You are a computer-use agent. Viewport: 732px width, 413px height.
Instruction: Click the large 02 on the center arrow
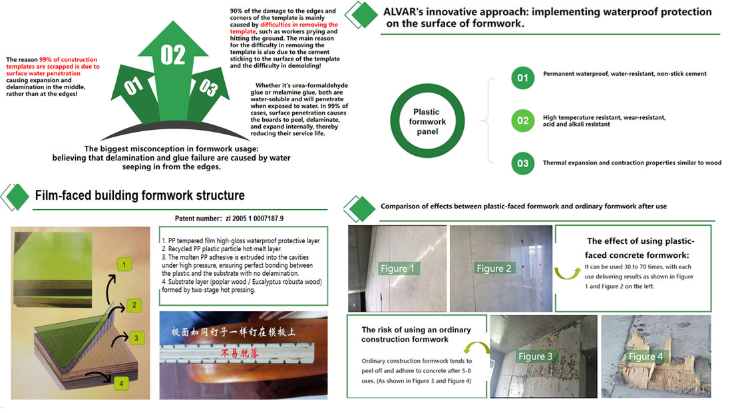click(x=173, y=55)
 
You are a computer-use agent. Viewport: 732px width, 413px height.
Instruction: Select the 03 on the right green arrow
click(x=209, y=87)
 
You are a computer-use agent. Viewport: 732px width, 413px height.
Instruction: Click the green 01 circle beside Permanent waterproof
click(x=522, y=78)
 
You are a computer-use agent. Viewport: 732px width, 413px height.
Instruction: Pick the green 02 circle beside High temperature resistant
click(x=522, y=121)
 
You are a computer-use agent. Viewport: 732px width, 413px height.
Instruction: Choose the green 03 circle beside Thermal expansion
click(x=522, y=163)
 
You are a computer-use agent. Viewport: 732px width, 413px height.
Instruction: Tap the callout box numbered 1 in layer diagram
click(x=122, y=266)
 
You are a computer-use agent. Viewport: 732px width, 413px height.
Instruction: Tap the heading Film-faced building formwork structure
click(x=140, y=195)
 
